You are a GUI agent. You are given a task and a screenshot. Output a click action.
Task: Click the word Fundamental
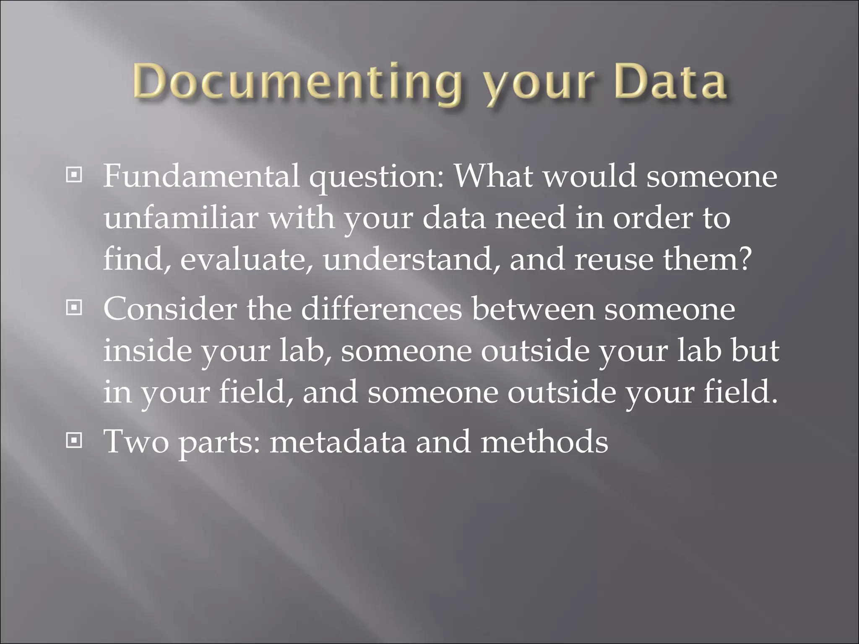point(201,176)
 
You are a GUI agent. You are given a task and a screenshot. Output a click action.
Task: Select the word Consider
point(170,309)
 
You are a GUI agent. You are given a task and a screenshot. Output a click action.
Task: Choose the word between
point(533,309)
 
